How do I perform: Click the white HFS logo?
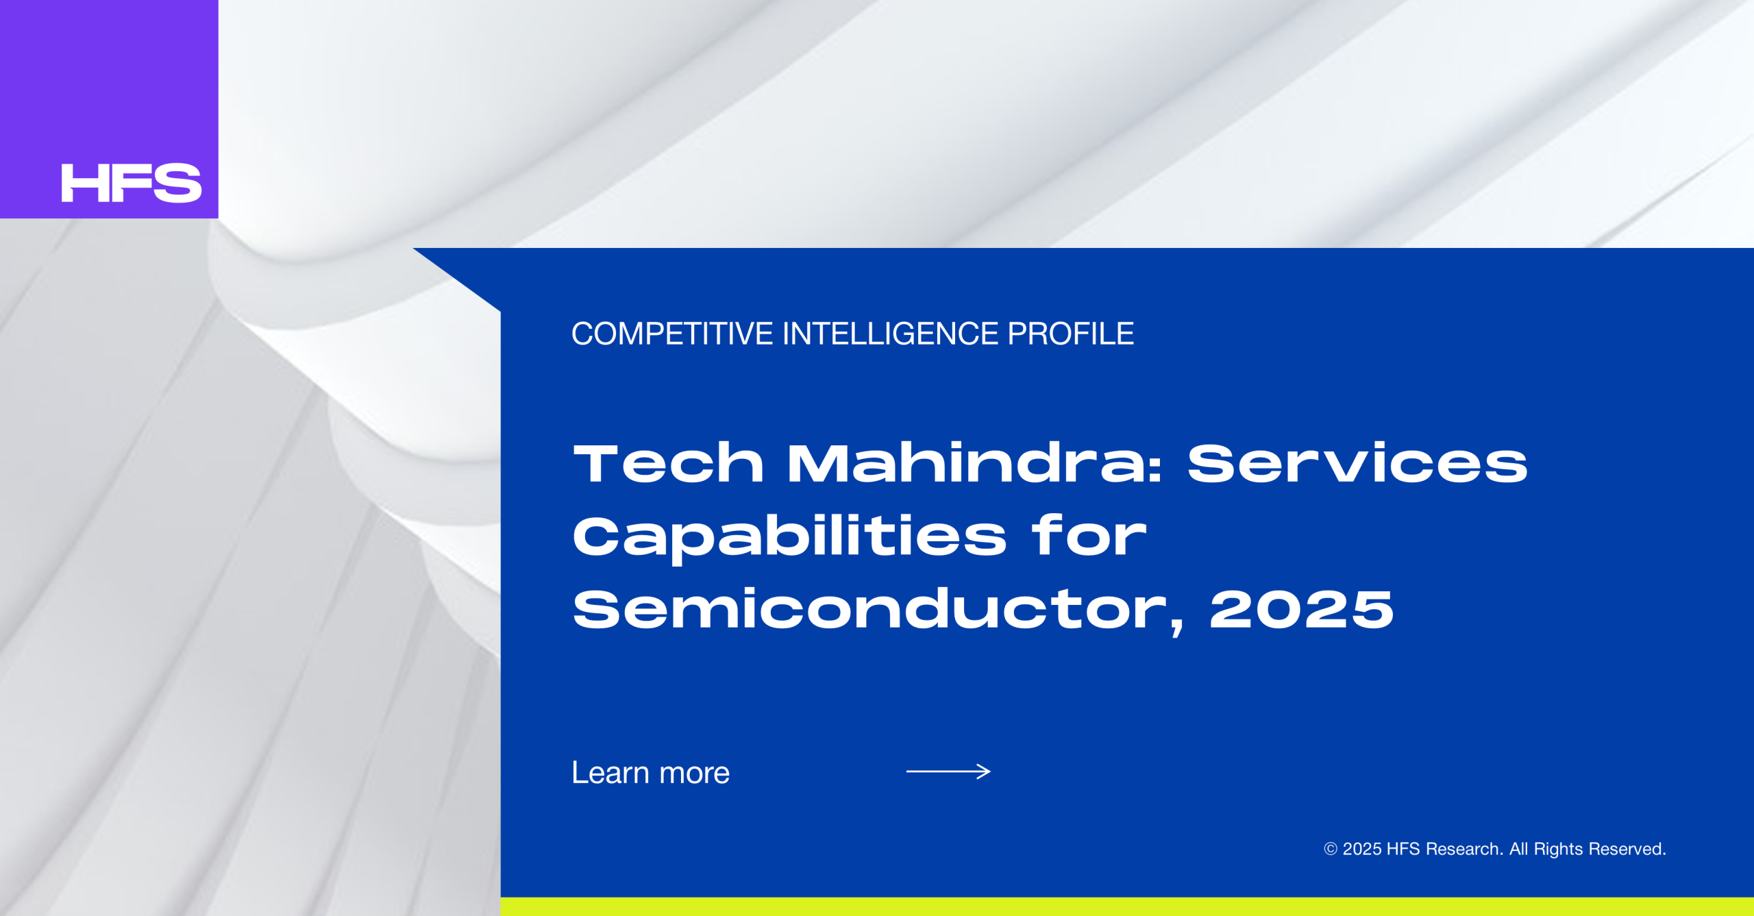coord(132,183)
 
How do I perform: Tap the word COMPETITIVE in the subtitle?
coord(672,334)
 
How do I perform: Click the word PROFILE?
coord(1071,334)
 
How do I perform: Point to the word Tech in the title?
coord(668,463)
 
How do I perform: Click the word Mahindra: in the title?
coord(974,463)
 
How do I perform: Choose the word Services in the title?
coord(1357,463)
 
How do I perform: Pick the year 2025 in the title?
coord(1302,609)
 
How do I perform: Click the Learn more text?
coord(651,773)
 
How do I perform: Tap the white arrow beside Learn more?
coord(948,772)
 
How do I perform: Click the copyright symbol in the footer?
coord(1331,850)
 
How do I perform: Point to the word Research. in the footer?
coord(1465,850)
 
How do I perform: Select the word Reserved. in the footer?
coord(1627,850)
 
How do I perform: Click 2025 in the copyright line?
coord(1362,850)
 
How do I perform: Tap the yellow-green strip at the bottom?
coord(1127,906)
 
